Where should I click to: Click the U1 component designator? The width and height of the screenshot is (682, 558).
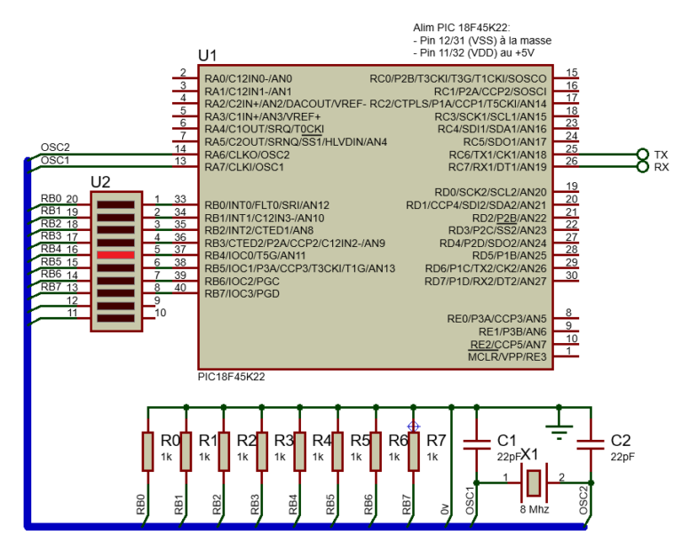[x=207, y=56]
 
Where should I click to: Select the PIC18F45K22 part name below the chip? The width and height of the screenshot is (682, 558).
[x=231, y=377]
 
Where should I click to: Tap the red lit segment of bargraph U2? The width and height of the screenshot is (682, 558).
[x=115, y=255]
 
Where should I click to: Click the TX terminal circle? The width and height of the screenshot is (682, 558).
[x=643, y=154]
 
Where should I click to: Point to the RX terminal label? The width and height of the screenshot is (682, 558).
[x=662, y=167]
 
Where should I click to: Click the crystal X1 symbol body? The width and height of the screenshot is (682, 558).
[x=532, y=482]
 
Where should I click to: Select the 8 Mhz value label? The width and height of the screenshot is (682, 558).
[x=534, y=510]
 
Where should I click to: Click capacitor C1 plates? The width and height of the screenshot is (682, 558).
[x=479, y=442]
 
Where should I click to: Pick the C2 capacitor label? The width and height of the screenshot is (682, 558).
[x=621, y=441]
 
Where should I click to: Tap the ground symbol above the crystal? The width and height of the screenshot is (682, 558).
[x=558, y=431]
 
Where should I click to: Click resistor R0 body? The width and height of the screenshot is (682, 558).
[x=147, y=450]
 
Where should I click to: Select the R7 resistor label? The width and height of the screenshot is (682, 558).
[x=436, y=441]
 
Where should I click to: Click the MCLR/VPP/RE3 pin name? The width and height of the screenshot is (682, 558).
[x=507, y=356]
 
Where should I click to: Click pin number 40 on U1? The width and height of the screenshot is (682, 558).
[x=180, y=287]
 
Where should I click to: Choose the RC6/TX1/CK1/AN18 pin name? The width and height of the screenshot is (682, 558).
[x=496, y=155]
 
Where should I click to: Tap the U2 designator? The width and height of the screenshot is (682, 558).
[x=100, y=182]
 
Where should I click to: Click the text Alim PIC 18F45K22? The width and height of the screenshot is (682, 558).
[x=462, y=29]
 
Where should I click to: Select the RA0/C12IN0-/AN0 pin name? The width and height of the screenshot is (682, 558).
[x=248, y=78]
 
